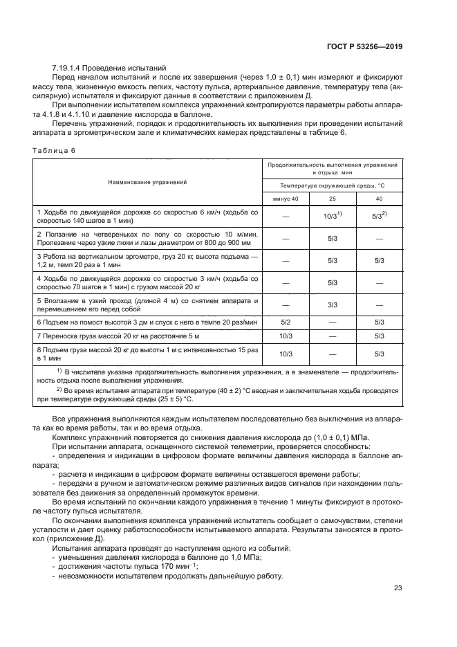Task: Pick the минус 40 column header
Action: (286, 199)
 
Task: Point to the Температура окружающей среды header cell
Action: (332, 185)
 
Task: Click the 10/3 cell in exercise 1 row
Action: (330, 216)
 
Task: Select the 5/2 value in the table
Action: (285, 322)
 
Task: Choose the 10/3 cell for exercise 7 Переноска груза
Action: (285, 336)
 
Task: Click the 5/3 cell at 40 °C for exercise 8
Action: (379, 354)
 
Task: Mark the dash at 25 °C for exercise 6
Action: (332, 322)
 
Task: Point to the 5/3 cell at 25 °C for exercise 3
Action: (332, 260)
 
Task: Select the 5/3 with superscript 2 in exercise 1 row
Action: (379, 216)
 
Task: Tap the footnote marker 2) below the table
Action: (59, 390)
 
